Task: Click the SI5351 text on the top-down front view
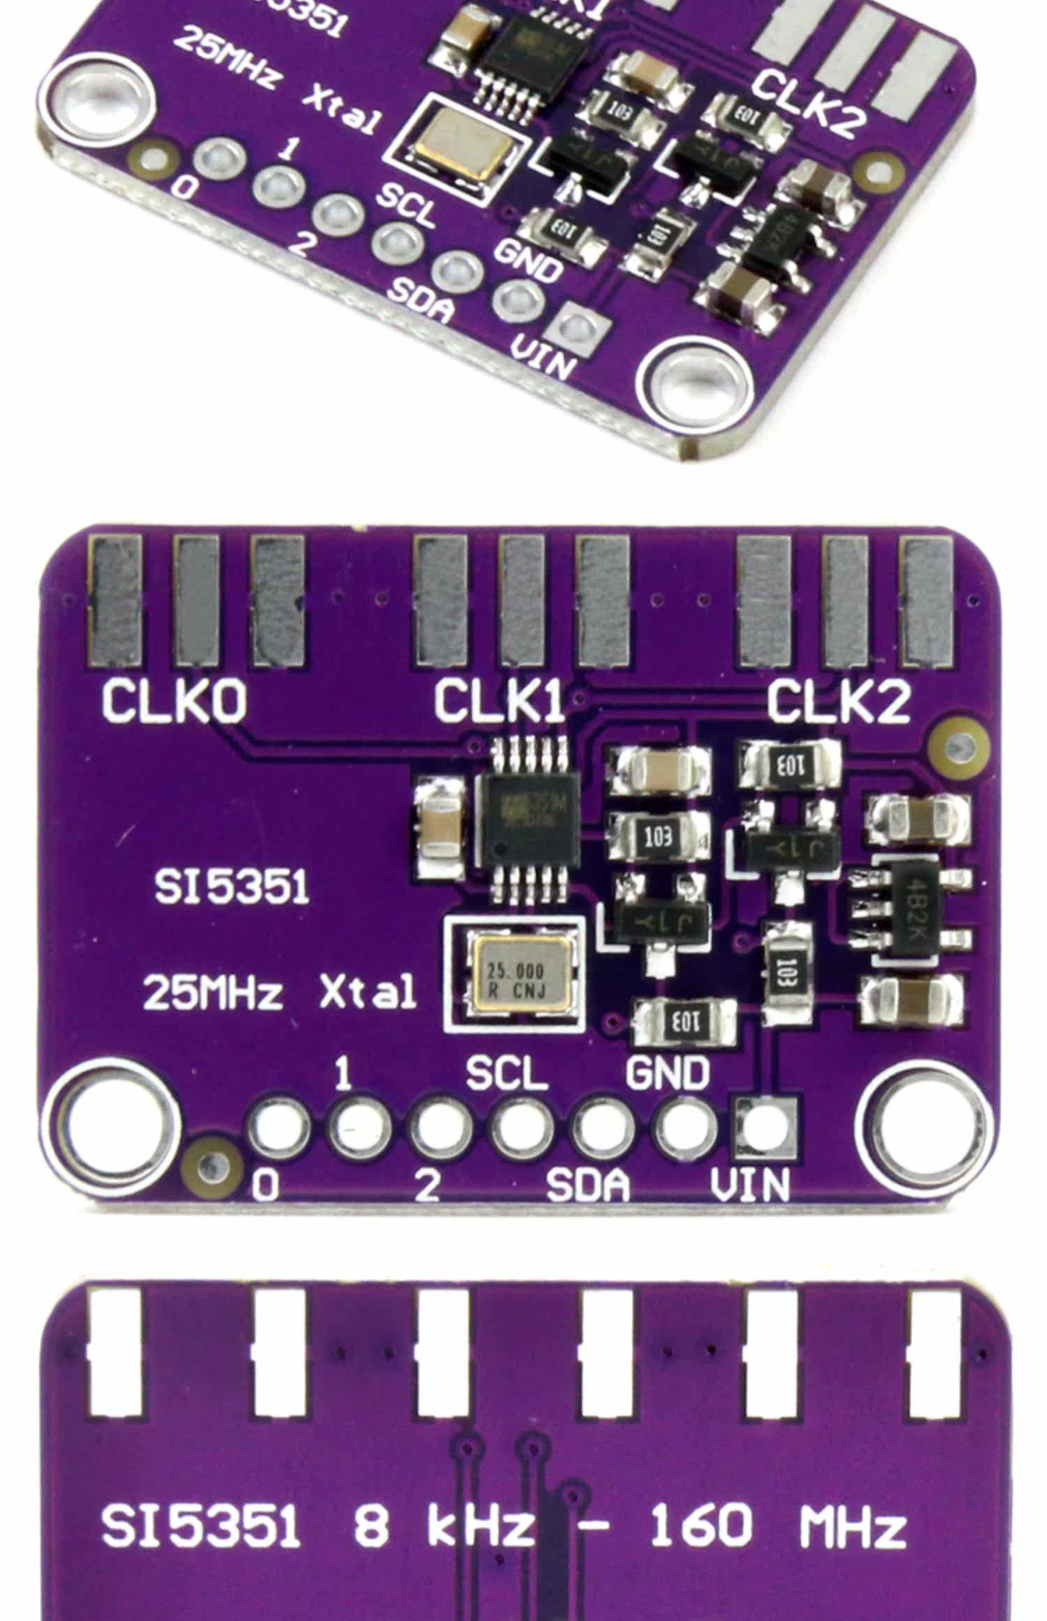(x=232, y=888)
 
